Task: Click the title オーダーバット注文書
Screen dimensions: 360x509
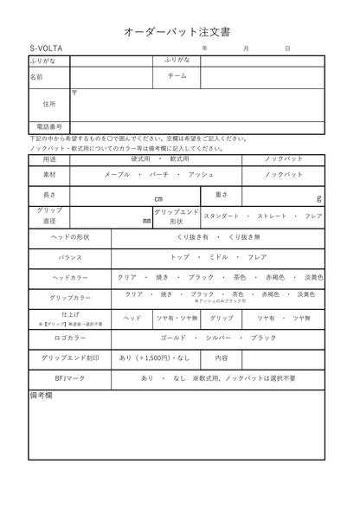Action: click(180, 30)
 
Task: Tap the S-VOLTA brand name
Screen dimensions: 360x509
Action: click(46, 49)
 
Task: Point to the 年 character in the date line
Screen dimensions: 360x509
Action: click(204, 49)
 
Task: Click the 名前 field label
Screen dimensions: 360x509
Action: click(36, 77)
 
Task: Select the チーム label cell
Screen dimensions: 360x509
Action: click(177, 77)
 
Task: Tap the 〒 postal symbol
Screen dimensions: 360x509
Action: click(75, 93)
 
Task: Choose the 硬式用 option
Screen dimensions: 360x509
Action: click(140, 159)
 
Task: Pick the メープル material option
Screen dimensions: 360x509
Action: click(118, 175)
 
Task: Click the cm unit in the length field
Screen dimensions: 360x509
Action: click(158, 198)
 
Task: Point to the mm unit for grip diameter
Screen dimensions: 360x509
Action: click(146, 220)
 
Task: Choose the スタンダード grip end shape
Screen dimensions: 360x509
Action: click(221, 216)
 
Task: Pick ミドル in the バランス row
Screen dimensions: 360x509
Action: click(219, 257)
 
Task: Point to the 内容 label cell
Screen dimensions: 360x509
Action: click(221, 358)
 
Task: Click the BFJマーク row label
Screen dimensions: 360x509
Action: click(69, 378)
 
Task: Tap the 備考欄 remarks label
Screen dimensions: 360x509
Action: click(42, 396)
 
